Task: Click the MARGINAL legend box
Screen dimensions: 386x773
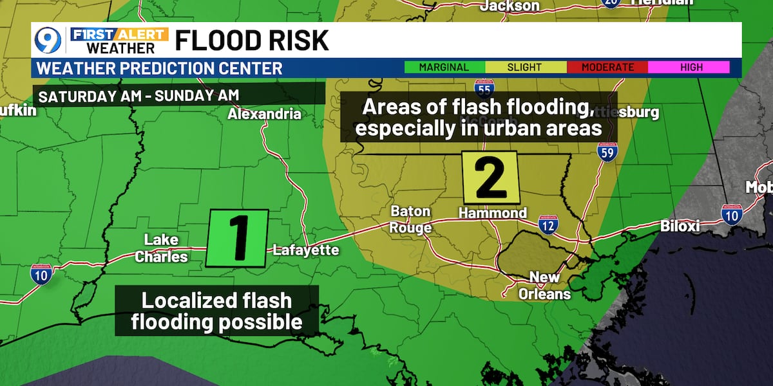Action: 444,67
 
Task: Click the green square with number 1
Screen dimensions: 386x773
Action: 237,238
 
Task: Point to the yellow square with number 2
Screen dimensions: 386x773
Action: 491,176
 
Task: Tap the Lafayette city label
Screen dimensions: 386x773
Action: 306,250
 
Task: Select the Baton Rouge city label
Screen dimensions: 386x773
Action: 411,219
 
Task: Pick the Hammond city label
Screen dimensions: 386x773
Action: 492,213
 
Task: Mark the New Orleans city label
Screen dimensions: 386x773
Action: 549,286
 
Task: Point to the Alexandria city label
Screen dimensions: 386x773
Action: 264,115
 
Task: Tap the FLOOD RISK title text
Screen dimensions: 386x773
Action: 252,41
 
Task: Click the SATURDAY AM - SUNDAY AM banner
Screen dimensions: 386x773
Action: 139,95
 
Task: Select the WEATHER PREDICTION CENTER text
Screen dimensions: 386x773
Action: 160,68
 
